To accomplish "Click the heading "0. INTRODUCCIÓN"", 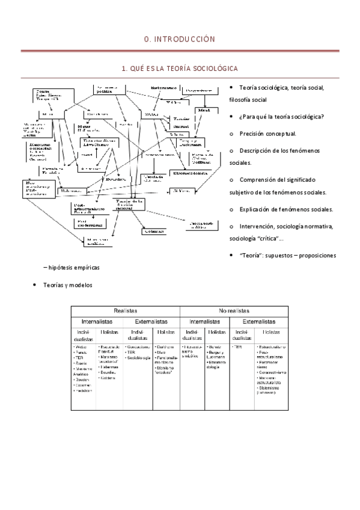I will [180, 39].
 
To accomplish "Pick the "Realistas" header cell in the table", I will [126, 310].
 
